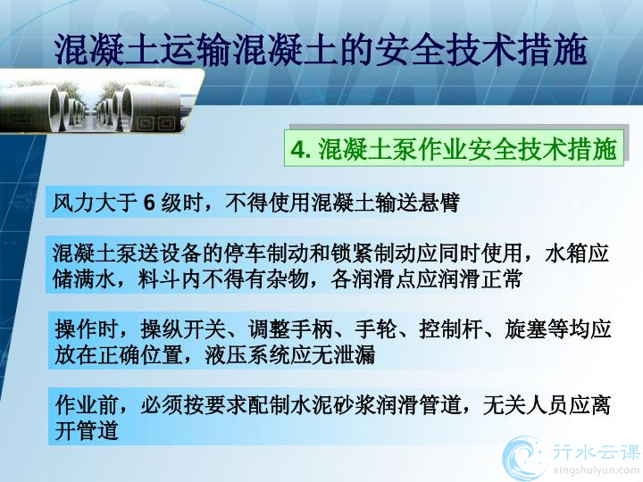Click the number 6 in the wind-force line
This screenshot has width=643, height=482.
[x=150, y=203]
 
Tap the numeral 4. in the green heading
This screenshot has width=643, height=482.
[x=301, y=149]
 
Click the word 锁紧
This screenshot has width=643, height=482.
[x=352, y=253]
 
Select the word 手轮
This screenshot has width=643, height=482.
[x=376, y=329]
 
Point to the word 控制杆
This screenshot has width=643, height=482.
[x=451, y=329]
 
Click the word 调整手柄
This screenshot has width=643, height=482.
[x=290, y=329]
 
